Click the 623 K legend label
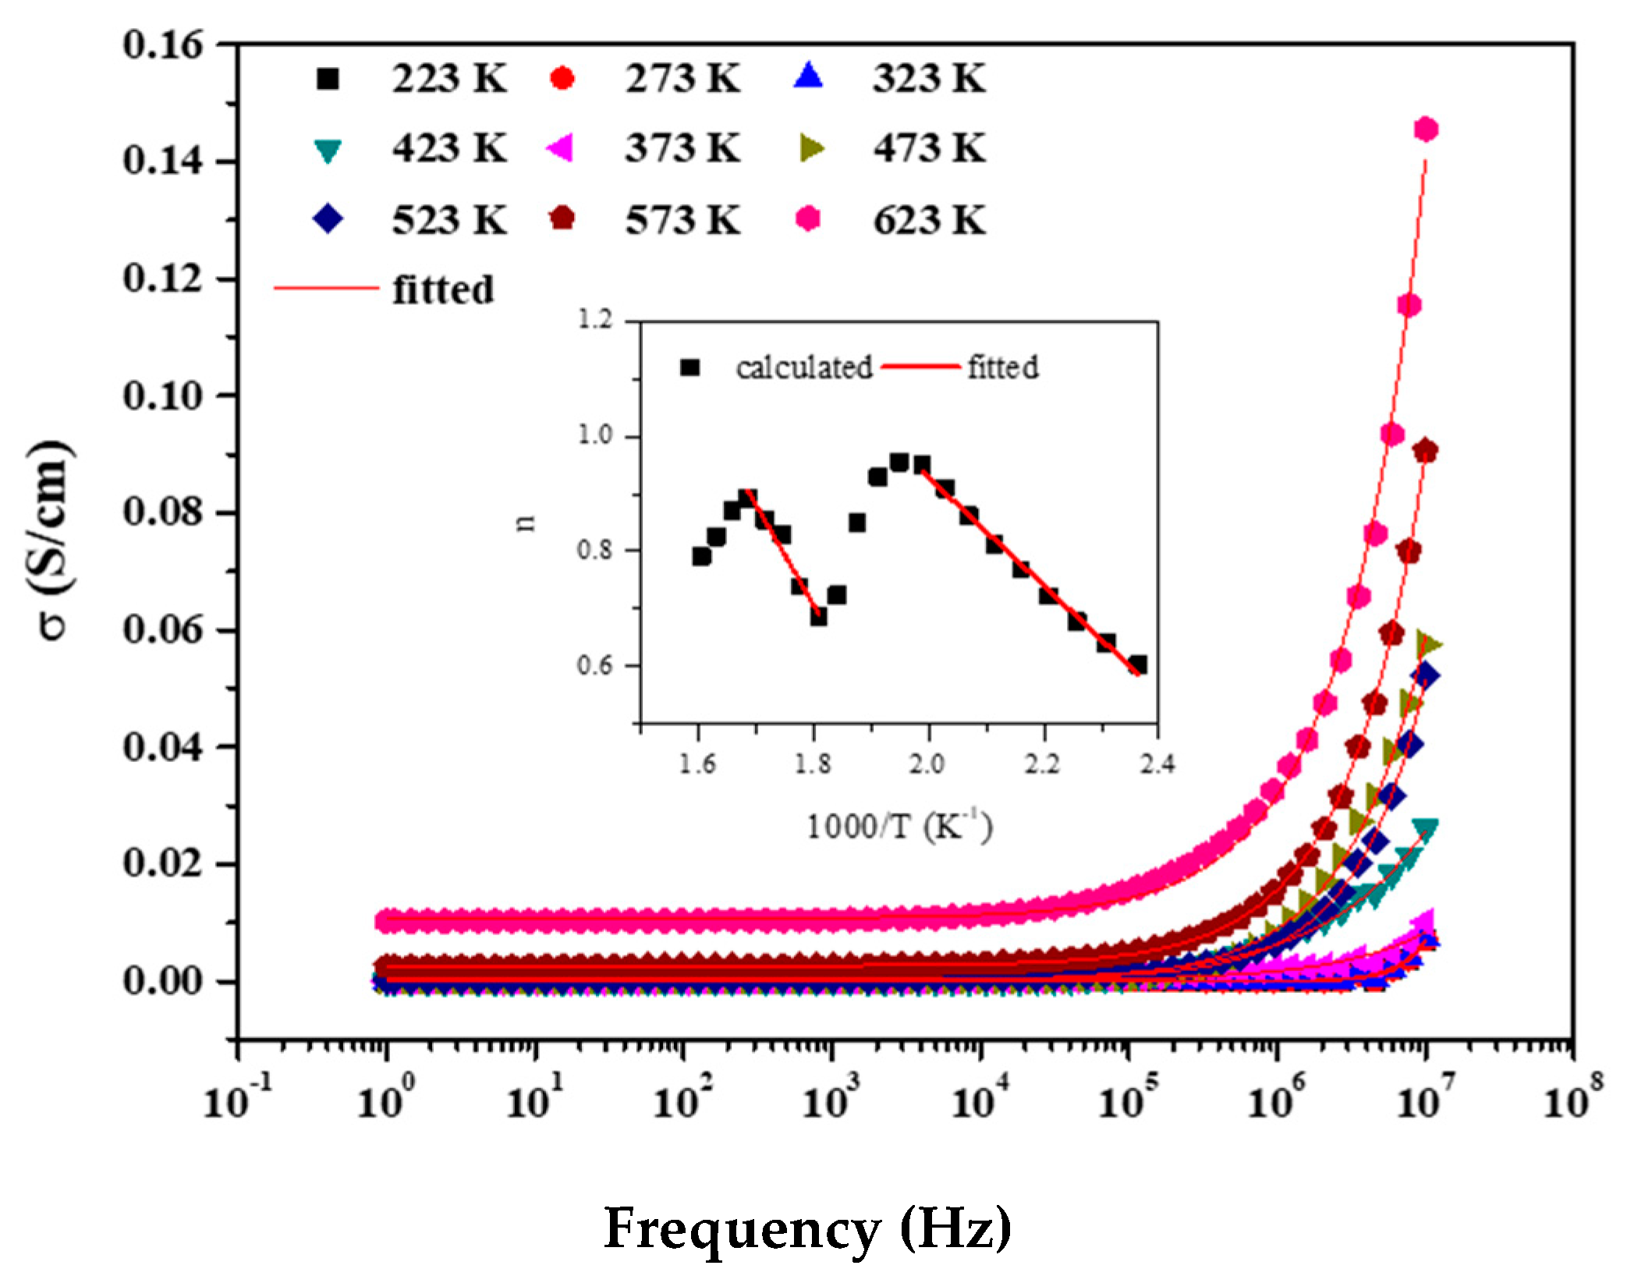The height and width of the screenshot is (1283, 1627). click(x=928, y=220)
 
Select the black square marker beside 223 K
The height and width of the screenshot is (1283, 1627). click(x=328, y=79)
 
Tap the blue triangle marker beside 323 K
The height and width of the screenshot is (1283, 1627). click(x=809, y=77)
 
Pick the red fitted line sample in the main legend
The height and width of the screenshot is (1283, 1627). click(x=326, y=289)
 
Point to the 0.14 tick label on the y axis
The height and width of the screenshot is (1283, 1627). click(x=162, y=161)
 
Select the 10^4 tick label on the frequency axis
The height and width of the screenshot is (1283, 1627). click(x=980, y=1100)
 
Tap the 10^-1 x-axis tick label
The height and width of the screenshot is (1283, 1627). click(x=237, y=1100)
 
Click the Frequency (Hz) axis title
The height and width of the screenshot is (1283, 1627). click(x=807, y=1228)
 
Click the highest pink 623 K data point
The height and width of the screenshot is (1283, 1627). click(x=1426, y=129)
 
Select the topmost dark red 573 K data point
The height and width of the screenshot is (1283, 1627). click(x=1426, y=452)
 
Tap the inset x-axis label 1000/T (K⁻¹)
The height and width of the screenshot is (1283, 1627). click(x=899, y=827)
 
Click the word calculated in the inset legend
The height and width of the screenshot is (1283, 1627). click(x=803, y=367)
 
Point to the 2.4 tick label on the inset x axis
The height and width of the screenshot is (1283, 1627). click(x=1157, y=764)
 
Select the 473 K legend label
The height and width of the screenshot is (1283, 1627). click(x=928, y=148)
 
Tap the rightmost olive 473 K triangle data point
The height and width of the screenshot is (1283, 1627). click(x=1430, y=644)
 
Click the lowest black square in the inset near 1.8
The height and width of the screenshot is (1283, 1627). click(x=818, y=617)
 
